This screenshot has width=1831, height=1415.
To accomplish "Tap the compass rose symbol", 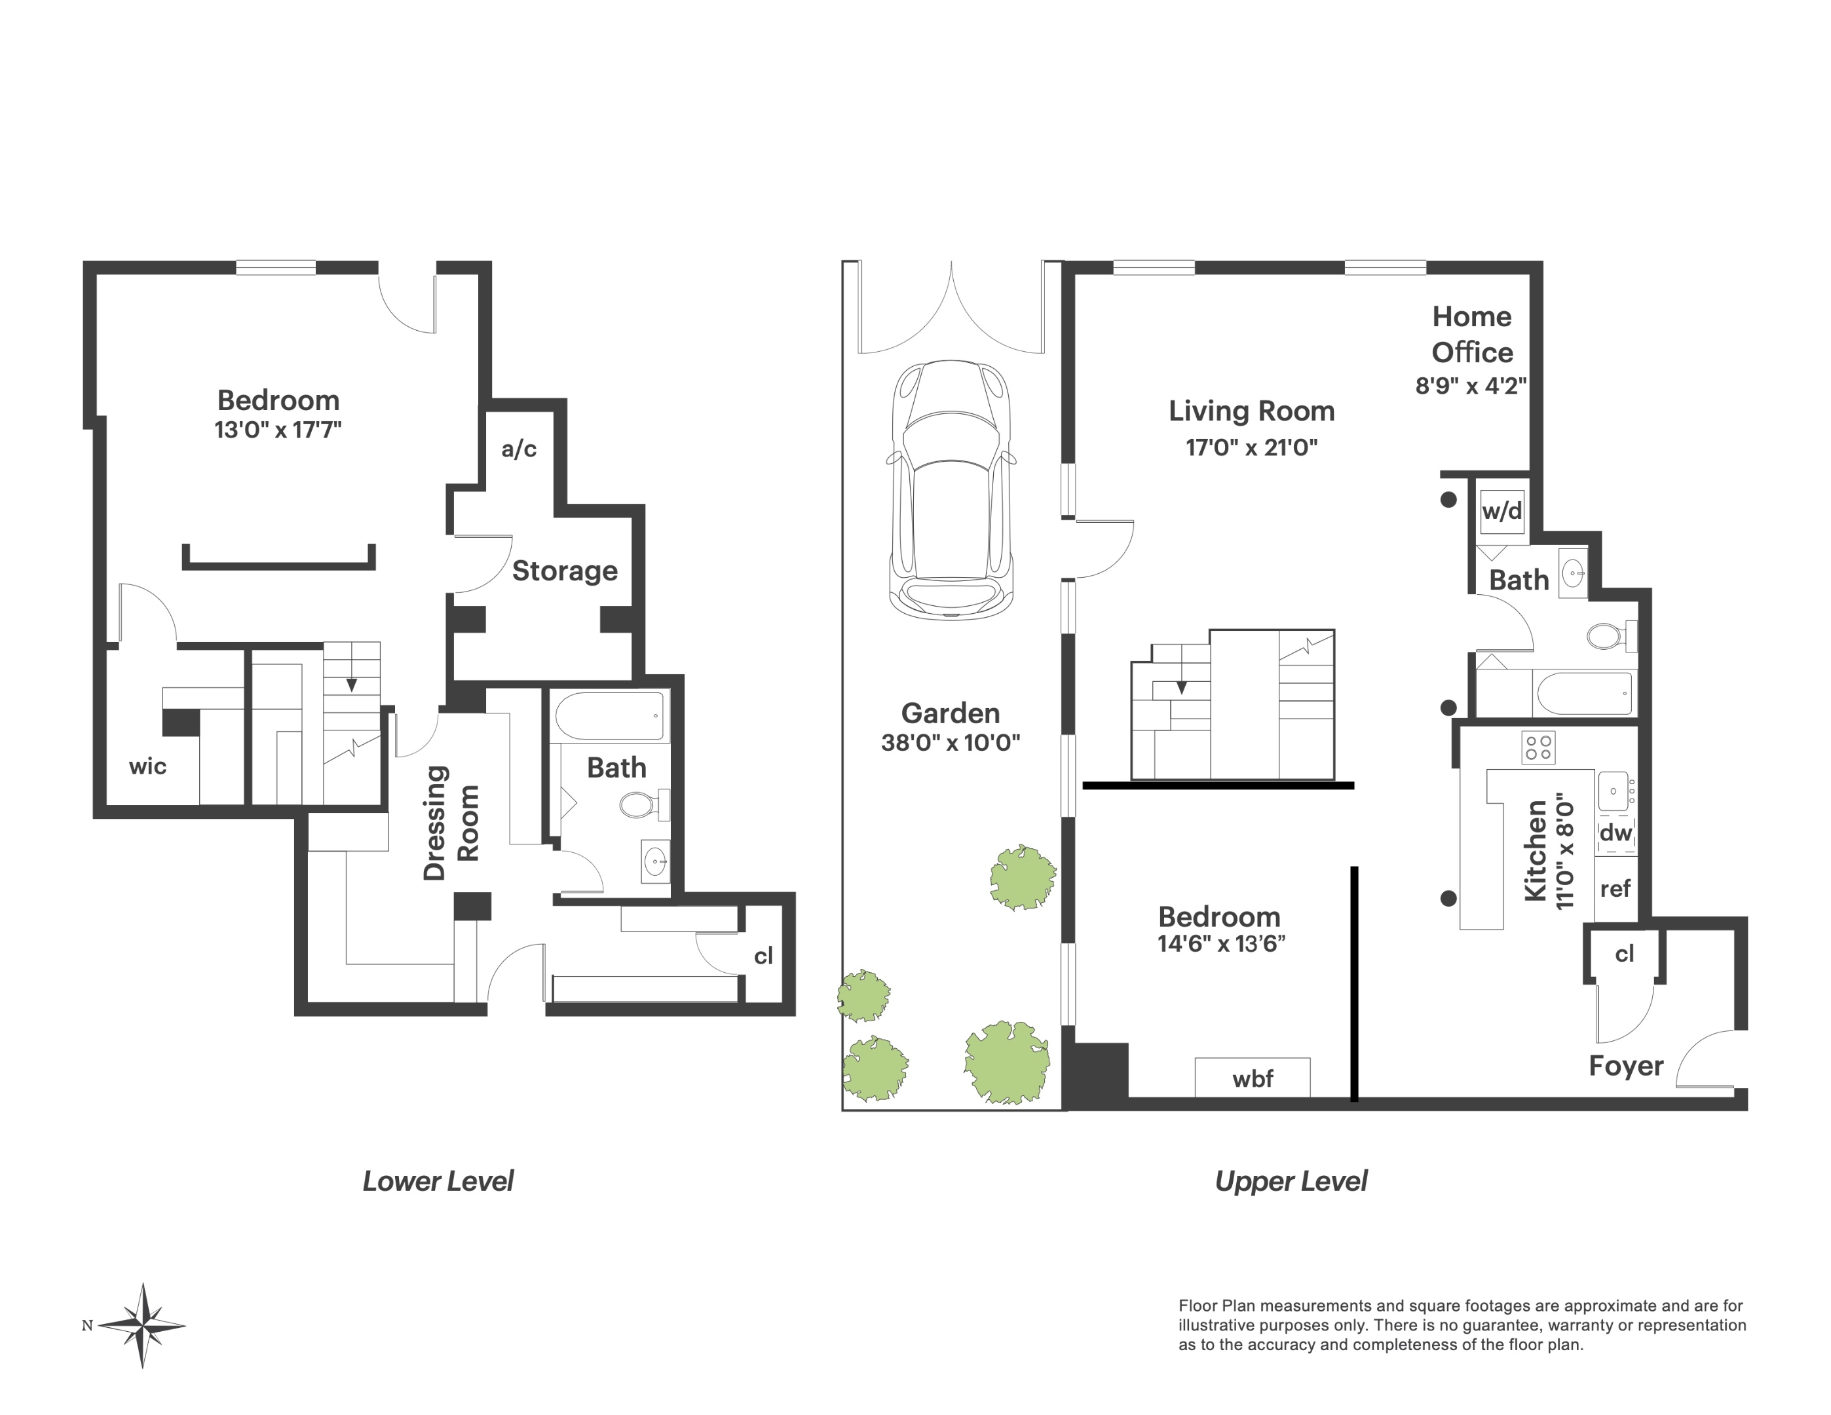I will (143, 1325).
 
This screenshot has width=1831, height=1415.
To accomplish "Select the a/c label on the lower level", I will (519, 449).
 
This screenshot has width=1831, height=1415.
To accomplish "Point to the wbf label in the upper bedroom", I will (1253, 1079).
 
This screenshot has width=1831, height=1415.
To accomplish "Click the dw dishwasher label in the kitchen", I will (1615, 833).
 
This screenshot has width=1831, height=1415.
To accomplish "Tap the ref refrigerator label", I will (1615, 888).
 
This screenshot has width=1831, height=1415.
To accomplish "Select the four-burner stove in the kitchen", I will (1538, 747).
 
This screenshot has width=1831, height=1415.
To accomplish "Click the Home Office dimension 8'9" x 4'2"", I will (1471, 386).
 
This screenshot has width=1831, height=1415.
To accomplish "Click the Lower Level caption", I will (438, 1181).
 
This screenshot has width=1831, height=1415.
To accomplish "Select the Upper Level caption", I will (1291, 1181).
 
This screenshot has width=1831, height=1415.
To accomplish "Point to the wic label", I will (147, 766).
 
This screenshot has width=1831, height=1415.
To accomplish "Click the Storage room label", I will (564, 571).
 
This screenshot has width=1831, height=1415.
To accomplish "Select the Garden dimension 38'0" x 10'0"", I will (950, 743).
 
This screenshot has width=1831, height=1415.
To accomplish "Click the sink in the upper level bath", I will (1574, 575).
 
